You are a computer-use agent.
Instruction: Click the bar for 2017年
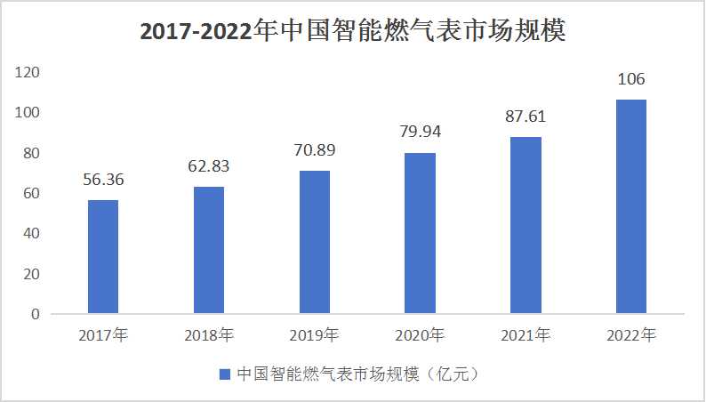tap(103, 257)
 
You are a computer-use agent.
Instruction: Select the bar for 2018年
tap(209, 250)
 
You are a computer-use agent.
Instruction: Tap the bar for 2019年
tap(315, 242)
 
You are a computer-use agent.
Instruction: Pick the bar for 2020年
tap(421, 233)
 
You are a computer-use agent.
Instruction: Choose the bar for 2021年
tap(526, 225)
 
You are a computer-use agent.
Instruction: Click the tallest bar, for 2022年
tap(631, 206)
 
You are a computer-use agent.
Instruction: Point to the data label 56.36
tap(103, 180)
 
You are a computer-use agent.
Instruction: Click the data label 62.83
tap(209, 166)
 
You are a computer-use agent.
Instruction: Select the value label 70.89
tap(315, 149)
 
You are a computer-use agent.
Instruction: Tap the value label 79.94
tap(421, 132)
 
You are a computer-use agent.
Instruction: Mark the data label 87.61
tap(526, 117)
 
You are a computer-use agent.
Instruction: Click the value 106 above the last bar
tap(631, 80)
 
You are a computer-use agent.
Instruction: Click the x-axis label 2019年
tap(315, 336)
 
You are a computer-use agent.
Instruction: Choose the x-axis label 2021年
tap(526, 336)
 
